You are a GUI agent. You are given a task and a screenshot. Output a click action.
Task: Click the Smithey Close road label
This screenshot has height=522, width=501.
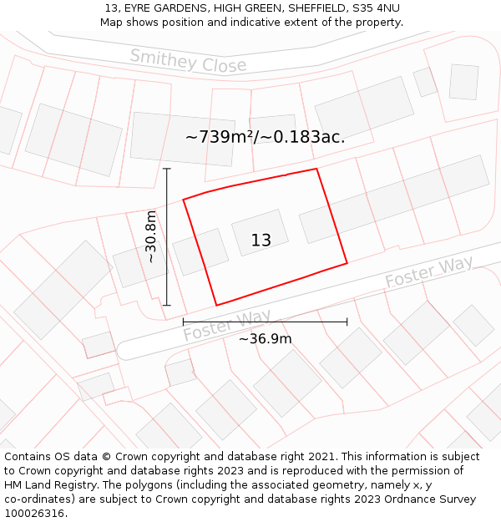[188, 60]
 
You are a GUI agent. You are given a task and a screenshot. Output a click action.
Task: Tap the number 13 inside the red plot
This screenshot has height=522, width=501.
[261, 241]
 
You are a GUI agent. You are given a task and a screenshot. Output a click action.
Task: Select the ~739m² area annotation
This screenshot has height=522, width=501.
[265, 137]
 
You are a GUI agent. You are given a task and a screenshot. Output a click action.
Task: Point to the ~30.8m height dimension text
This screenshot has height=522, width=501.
[151, 237]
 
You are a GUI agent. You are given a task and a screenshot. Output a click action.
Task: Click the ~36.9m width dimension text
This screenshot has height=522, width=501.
[265, 338]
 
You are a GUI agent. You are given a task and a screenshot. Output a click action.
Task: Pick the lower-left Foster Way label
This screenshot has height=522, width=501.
[227, 326]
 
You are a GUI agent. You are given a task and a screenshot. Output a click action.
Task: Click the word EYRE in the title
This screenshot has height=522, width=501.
[142, 8]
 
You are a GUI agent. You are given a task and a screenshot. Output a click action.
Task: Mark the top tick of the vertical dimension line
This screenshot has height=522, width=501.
[167, 169]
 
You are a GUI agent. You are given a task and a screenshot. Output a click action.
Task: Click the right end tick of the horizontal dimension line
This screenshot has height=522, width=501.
[347, 322]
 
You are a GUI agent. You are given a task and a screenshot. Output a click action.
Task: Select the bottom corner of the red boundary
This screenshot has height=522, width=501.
[217, 305]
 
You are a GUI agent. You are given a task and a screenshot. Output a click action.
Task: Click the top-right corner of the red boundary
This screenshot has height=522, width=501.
[316, 169]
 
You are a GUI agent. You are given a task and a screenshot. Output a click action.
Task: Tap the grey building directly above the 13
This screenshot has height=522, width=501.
[260, 231]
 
